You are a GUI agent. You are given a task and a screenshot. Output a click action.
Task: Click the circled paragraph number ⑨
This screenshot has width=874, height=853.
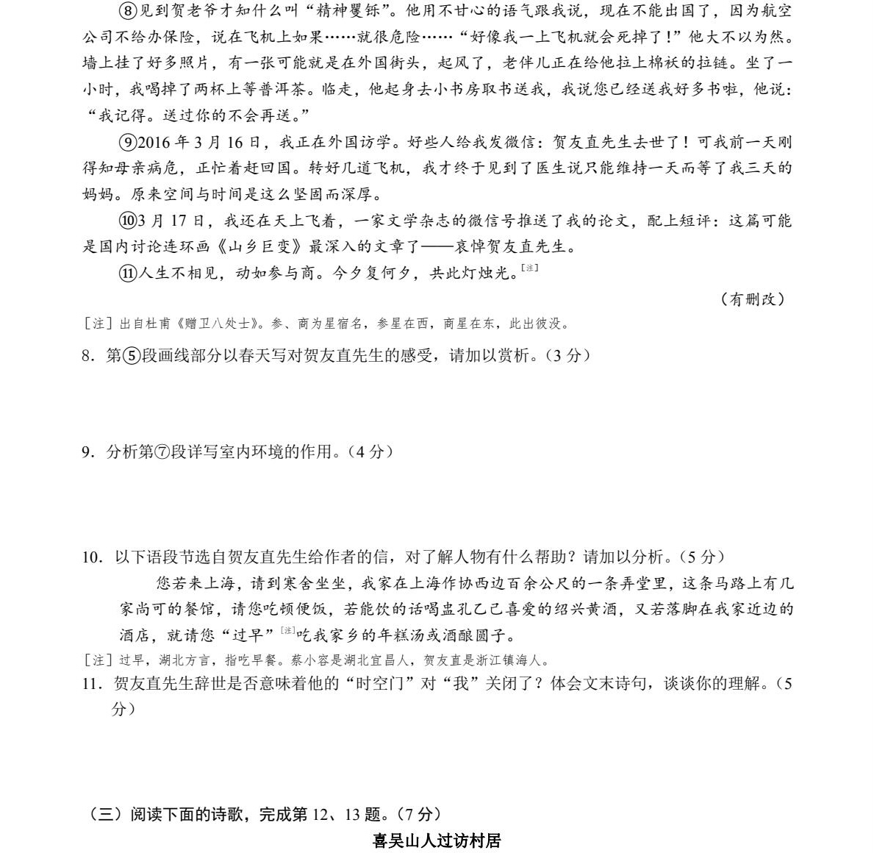pos(126,142)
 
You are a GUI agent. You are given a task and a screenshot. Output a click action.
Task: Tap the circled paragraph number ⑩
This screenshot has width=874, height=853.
pos(126,221)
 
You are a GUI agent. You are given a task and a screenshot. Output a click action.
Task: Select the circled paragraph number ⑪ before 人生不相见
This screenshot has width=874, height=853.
pos(126,274)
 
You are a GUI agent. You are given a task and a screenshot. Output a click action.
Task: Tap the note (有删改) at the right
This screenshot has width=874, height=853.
pos(753,299)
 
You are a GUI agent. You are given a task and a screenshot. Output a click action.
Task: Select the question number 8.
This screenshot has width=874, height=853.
pos(87,356)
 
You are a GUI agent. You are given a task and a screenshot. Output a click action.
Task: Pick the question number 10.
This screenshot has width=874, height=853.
pos(91,557)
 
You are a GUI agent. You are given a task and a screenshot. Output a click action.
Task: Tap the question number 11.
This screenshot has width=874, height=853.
pos(91,684)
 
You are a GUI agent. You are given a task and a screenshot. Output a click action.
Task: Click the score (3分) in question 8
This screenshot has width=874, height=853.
pos(565,356)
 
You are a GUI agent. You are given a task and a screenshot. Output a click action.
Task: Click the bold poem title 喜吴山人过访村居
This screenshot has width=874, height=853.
pos(437,840)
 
